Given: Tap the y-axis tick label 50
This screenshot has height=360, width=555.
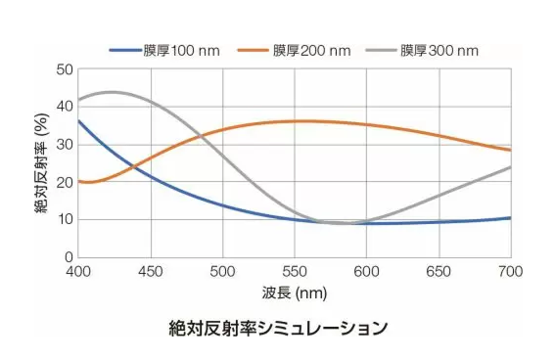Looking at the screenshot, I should [x=65, y=69].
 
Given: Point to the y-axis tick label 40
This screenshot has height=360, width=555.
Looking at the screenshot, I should [x=65, y=107].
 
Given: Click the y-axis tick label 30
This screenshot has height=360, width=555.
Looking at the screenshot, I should [x=65, y=145].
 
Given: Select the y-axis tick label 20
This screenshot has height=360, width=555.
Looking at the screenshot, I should [x=65, y=182].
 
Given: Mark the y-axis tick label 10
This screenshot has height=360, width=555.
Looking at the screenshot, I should [x=65, y=220].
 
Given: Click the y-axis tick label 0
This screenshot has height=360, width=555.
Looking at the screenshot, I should [x=69, y=257].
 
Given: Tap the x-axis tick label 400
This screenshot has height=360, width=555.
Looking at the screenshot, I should [x=78, y=271].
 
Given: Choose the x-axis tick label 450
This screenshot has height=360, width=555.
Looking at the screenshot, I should [x=151, y=271].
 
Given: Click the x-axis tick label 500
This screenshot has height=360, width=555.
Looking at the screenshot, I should [x=222, y=271].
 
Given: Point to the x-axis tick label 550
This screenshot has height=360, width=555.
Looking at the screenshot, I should [x=295, y=271].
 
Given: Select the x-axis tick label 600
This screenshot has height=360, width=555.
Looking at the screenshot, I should [x=366, y=271].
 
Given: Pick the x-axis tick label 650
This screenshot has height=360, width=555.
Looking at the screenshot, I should [x=439, y=271].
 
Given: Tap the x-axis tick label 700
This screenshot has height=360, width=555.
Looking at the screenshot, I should [x=510, y=271].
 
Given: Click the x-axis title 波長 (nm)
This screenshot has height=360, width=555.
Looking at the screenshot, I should [x=294, y=292].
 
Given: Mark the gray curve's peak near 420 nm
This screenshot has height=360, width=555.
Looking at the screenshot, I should [x=111, y=92].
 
